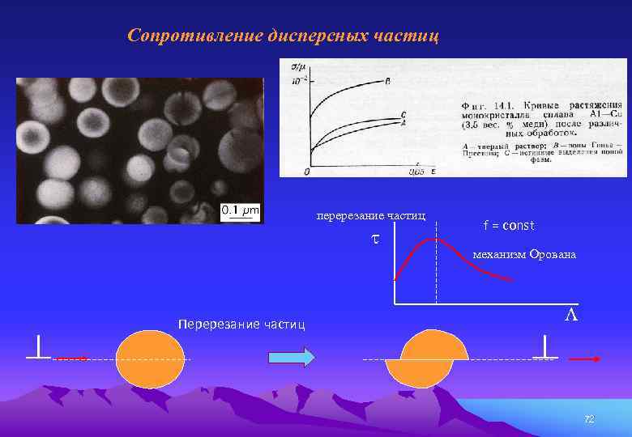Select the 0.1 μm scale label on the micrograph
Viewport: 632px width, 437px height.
point(241,211)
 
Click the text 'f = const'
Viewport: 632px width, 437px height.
point(509,225)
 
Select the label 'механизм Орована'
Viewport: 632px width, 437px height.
point(524,255)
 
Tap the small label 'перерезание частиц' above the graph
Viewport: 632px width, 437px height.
point(370,216)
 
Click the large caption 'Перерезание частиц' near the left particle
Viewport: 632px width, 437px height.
point(241,325)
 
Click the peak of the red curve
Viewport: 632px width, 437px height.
point(436,239)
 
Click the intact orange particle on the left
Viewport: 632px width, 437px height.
point(150,357)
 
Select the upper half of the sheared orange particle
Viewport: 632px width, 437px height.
point(435,346)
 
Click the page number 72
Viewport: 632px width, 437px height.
point(589,418)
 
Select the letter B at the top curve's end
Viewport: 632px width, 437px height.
point(387,81)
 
